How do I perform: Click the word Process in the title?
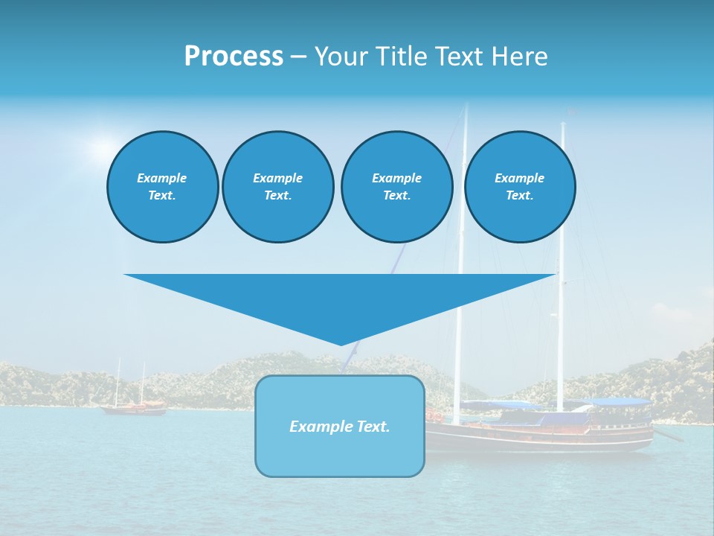tap(234, 57)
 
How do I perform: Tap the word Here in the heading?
tap(518, 57)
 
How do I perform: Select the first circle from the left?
tap(162, 186)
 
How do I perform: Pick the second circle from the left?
tap(277, 186)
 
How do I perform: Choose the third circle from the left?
tap(396, 186)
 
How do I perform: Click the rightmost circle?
tap(519, 186)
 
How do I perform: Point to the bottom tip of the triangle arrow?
tap(341, 344)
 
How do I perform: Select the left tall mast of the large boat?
tap(461, 261)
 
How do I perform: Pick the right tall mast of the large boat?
tap(562, 261)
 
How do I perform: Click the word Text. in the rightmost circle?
tap(519, 195)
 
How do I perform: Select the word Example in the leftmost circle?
tap(162, 178)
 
